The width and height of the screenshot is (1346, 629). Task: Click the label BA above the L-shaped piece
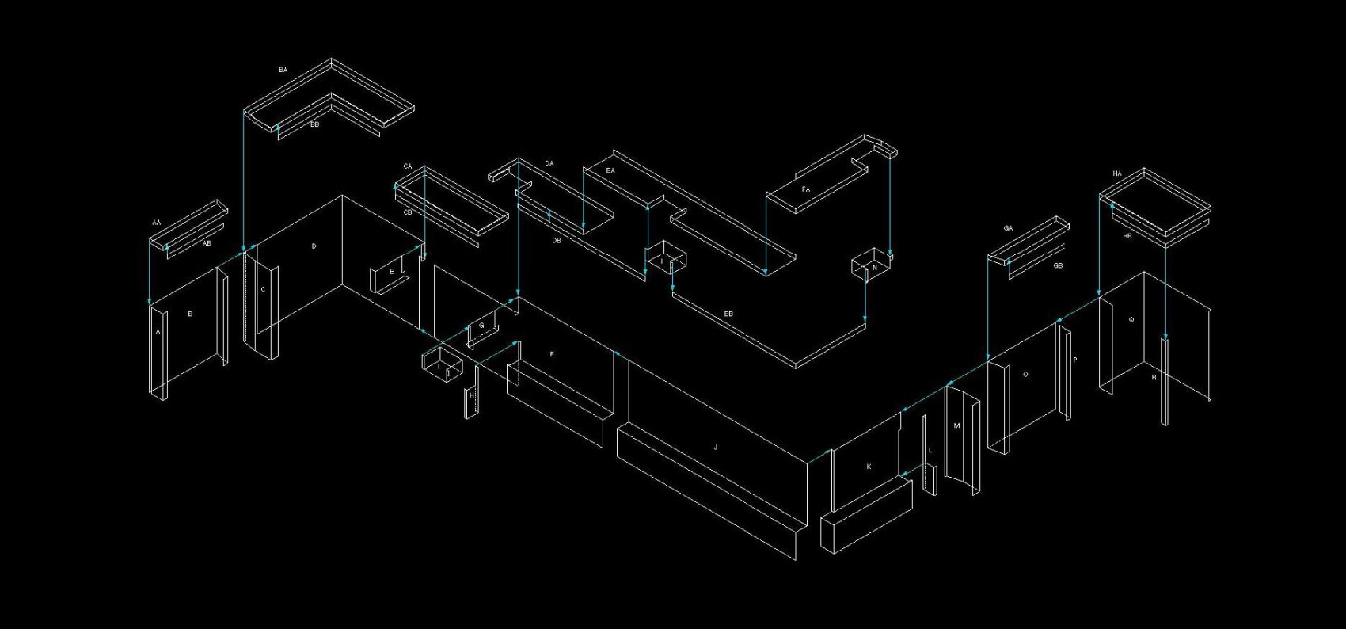(283, 70)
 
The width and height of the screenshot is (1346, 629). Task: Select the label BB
(314, 124)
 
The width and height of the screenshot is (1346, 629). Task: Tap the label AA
(156, 223)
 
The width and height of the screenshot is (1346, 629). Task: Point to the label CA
(408, 166)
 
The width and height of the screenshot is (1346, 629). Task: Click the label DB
(556, 240)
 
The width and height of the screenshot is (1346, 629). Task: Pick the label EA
(610, 170)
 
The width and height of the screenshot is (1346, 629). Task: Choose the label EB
(728, 314)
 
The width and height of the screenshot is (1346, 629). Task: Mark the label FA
(806, 189)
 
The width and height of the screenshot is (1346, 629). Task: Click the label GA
(1008, 228)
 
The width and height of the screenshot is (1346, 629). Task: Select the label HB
(1127, 235)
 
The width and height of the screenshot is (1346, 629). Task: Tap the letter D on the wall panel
(314, 246)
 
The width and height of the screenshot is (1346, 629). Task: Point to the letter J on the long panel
(716, 448)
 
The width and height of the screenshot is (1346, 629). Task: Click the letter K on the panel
(869, 467)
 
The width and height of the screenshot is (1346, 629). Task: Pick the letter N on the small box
(874, 269)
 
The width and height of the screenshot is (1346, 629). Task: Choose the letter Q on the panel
(1131, 320)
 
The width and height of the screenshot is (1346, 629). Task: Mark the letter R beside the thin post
(1154, 378)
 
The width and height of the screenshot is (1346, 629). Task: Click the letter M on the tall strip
(956, 426)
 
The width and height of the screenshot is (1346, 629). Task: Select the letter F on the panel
(552, 354)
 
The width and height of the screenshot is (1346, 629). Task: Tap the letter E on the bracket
(391, 272)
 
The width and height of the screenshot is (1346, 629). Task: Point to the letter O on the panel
(1025, 374)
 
